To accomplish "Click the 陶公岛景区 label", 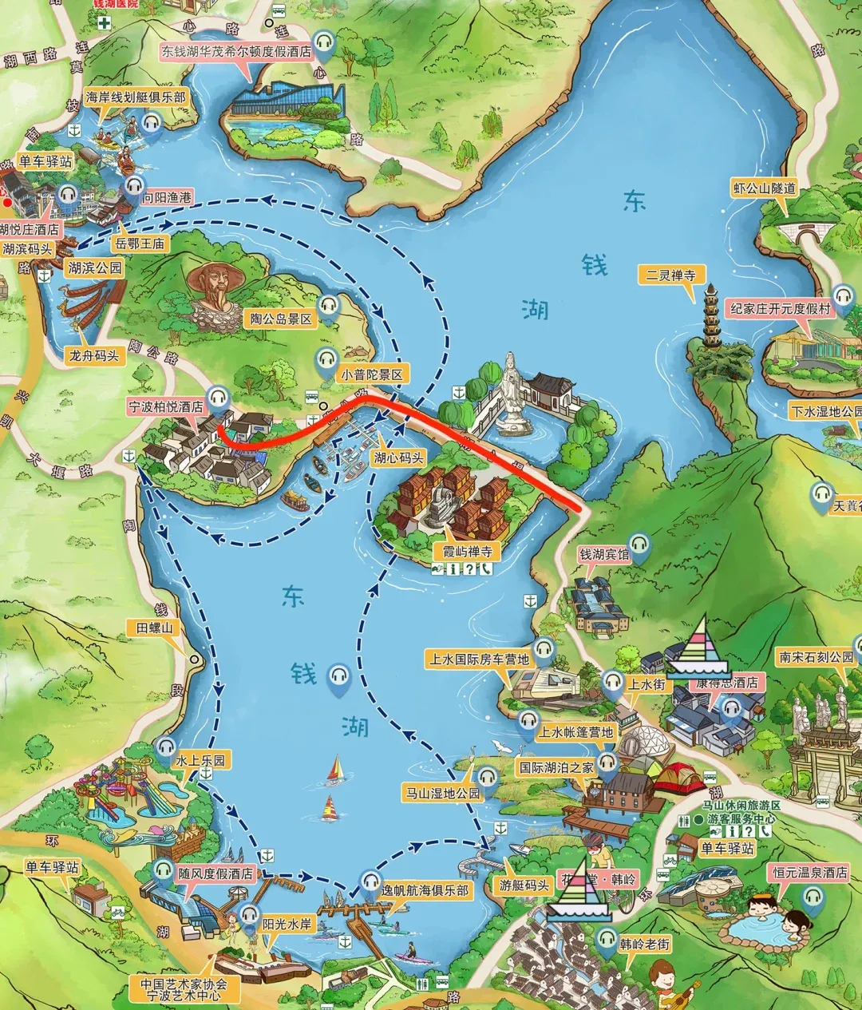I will [x=280, y=319].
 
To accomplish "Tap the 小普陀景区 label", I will [x=374, y=374].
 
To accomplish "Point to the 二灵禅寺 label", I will [x=670, y=275].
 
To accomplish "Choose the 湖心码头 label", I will [x=398, y=457].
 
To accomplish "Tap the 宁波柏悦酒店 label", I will [x=167, y=406].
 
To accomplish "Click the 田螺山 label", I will [x=154, y=628].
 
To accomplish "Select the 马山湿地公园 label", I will [x=443, y=793].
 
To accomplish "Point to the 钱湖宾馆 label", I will [x=603, y=554].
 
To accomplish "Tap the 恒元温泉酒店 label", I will [x=809, y=873].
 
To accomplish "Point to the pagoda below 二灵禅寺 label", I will [x=710, y=319].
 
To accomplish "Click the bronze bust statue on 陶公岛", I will [x=215, y=287].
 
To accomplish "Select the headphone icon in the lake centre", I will [x=340, y=677].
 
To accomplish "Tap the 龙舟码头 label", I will [x=94, y=356].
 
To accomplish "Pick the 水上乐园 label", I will [x=200, y=760].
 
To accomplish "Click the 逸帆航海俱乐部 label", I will [x=425, y=889].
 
